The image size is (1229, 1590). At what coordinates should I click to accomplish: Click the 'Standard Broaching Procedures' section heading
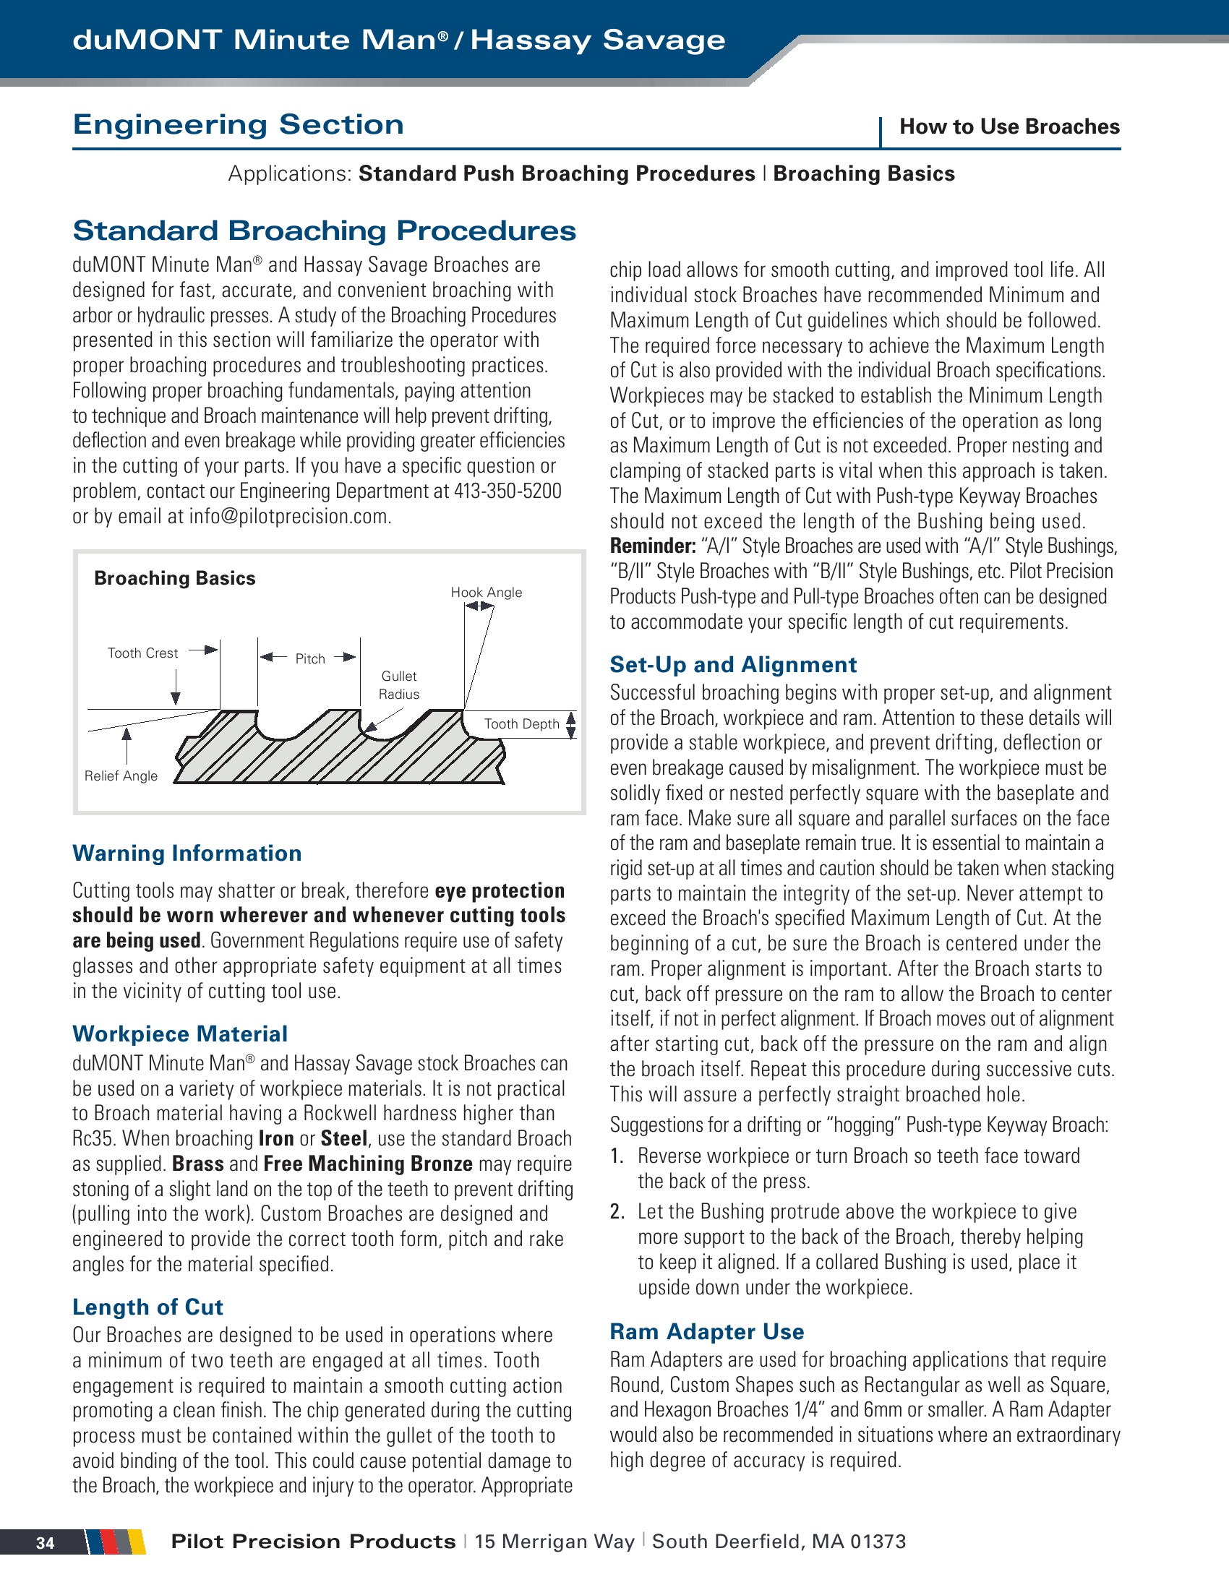pos(324,231)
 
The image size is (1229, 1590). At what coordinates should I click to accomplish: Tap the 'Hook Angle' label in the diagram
pos(486,593)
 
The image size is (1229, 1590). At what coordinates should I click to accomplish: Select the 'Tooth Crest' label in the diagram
pos(142,653)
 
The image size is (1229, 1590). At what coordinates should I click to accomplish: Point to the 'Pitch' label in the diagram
pos(310,659)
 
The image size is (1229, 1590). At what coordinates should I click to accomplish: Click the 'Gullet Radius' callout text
pos(399,685)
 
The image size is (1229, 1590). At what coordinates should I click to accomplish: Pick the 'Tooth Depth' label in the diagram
pos(521,723)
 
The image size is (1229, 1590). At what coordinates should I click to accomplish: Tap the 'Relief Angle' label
pos(121,776)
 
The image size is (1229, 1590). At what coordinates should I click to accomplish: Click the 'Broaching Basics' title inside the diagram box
pos(175,578)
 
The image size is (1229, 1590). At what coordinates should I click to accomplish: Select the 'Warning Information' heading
pos(187,854)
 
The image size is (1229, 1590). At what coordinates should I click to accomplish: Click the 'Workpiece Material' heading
pos(180,1033)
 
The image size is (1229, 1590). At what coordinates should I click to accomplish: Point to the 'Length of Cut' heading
pos(147,1307)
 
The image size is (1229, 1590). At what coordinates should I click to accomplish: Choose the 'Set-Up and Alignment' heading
pos(733,665)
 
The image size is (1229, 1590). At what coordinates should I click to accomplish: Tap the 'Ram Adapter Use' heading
pos(706,1331)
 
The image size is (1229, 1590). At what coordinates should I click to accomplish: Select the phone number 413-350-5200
pos(508,491)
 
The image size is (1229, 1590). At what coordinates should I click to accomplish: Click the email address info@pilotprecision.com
pos(289,517)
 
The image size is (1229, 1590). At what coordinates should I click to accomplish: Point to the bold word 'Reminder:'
pos(652,546)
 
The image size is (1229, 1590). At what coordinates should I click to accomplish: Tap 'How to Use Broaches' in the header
pos(1009,126)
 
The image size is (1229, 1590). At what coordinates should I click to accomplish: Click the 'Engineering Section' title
pos(238,124)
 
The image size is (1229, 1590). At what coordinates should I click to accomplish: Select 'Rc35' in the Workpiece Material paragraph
pos(90,1138)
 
